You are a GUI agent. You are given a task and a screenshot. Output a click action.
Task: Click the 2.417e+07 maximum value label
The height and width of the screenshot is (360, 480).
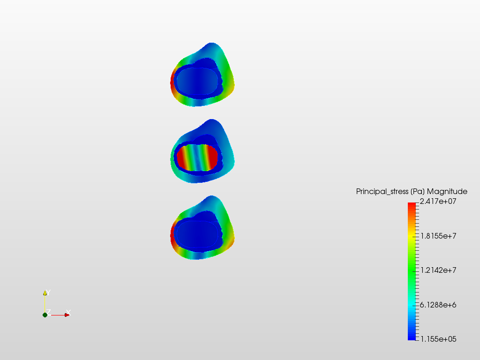pos(438,202)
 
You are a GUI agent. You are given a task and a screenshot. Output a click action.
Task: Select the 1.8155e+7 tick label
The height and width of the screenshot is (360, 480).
pos(438,236)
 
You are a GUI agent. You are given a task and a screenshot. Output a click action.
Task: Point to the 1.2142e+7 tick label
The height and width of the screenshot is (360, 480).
pos(438,270)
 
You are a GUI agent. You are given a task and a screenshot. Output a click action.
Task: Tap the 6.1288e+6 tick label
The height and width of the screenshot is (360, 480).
pos(438,305)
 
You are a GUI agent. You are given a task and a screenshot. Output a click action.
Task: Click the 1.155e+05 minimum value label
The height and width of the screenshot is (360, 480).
pos(438,339)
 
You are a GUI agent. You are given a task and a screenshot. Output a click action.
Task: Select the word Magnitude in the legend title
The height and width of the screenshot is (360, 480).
pos(447,192)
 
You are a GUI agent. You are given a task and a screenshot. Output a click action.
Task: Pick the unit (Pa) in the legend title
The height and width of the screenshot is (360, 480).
pos(418,192)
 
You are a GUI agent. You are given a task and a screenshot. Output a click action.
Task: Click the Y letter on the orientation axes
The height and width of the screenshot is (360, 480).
pos(48,292)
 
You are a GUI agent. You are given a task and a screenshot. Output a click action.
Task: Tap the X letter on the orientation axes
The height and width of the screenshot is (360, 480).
pos(68,312)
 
